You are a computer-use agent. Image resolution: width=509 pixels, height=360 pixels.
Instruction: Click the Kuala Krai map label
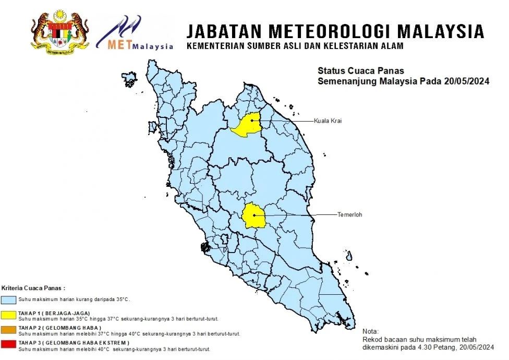tap(327, 121)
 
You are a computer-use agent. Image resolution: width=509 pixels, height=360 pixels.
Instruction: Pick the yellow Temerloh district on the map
tap(254, 215)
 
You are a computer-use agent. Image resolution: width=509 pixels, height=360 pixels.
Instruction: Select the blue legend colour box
tap(9, 300)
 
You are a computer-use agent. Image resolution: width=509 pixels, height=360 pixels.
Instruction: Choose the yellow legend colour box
tap(9, 314)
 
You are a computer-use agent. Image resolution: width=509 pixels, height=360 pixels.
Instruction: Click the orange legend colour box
tap(9, 329)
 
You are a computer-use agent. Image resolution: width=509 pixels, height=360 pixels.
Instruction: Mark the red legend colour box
tap(9, 344)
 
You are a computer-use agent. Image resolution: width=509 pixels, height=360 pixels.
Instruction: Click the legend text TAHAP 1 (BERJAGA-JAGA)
tap(54, 313)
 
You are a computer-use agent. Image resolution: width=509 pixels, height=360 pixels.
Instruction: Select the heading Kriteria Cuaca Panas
tap(34, 288)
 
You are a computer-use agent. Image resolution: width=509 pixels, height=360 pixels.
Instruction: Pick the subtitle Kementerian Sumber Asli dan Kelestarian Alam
tap(295, 46)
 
